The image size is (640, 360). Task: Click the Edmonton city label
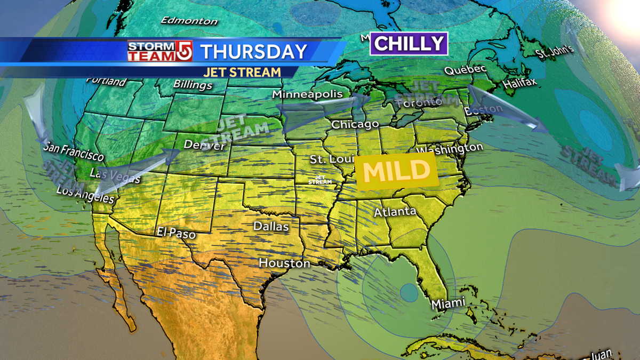189,21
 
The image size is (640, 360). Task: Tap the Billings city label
193,85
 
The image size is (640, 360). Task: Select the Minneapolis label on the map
308,94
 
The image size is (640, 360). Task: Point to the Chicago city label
355,125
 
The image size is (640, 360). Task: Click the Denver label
204,145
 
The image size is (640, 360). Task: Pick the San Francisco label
74,153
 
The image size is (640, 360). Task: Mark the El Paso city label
176,233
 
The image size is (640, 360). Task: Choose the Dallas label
271,227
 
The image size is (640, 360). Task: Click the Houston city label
284,263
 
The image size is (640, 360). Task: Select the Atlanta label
395,212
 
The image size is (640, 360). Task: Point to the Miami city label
448,303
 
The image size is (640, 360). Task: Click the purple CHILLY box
409,44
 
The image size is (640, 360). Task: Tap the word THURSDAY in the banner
254,52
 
